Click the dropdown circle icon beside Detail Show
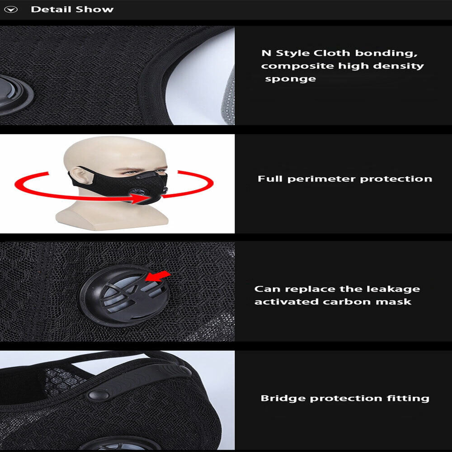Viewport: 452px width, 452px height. coord(11,9)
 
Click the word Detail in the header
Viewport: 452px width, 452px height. coord(51,9)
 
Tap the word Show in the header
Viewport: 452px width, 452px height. coord(95,9)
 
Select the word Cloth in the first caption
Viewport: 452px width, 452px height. coord(331,53)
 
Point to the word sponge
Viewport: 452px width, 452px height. coord(290,79)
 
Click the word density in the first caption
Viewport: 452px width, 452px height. coord(398,66)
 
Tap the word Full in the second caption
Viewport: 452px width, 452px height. coord(270,179)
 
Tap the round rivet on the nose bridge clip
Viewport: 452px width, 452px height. coord(99,395)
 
